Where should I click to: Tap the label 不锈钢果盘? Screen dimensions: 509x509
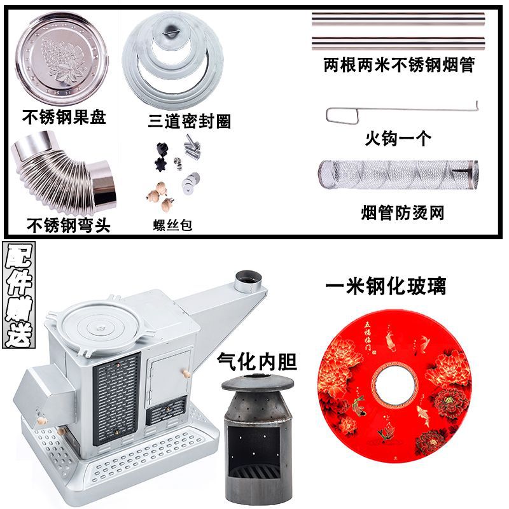pyautogui.click(x=64, y=118)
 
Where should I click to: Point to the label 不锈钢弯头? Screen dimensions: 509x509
pyautogui.click(x=68, y=225)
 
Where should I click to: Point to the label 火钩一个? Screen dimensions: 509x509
pyautogui.click(x=398, y=138)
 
